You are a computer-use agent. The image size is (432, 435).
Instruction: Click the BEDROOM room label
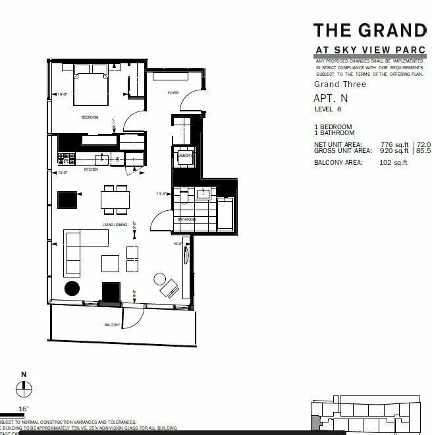coord(90,117)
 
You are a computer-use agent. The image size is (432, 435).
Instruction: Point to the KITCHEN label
coord(91,169)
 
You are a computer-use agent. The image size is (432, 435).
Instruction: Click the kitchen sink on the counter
coord(102,159)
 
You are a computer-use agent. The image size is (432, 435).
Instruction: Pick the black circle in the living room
coord(72,288)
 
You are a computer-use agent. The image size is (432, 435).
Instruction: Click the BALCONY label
coord(112,326)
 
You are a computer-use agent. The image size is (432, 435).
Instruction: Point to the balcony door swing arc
coord(135,318)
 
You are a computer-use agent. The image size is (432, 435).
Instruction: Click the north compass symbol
coord(24,390)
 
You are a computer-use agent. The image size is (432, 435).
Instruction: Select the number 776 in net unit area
coord(391,144)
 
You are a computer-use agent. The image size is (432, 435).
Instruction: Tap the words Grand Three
coord(336,84)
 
